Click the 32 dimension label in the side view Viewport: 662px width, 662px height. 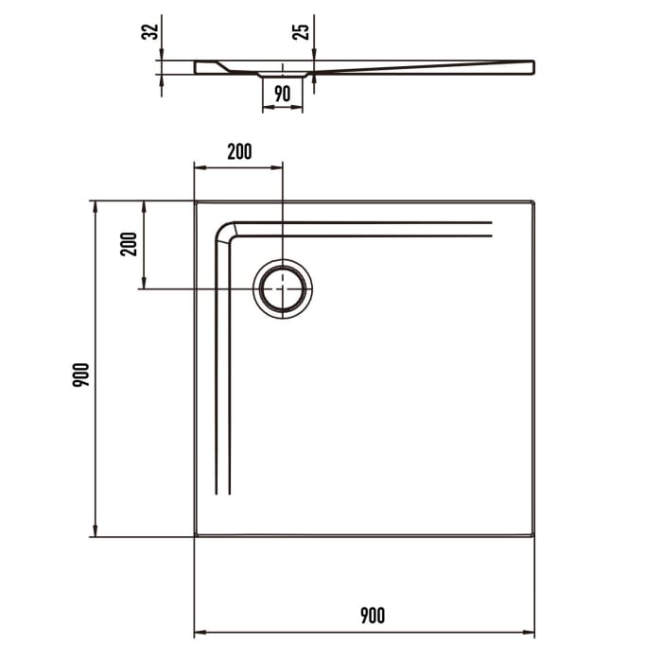click(x=149, y=31)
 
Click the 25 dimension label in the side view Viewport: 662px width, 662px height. click(x=302, y=31)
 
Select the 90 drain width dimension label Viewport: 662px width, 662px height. click(x=282, y=93)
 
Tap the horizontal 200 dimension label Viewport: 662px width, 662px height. click(x=239, y=151)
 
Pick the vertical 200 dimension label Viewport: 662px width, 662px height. click(x=131, y=244)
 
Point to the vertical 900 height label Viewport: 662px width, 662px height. click(x=81, y=375)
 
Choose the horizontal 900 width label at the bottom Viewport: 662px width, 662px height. click(x=372, y=617)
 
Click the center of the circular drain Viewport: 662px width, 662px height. click(x=283, y=287)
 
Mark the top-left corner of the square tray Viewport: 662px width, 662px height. click(x=195, y=201)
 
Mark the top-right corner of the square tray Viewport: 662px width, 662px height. click(x=534, y=201)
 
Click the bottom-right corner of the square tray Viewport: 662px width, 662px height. click(x=534, y=536)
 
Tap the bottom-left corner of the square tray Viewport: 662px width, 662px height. click(x=195, y=536)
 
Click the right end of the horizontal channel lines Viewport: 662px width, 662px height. click(x=492, y=228)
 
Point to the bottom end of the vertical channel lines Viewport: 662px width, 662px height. click(x=223, y=494)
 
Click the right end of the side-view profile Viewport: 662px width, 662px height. click(x=533, y=66)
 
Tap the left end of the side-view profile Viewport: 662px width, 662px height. click(x=196, y=67)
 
